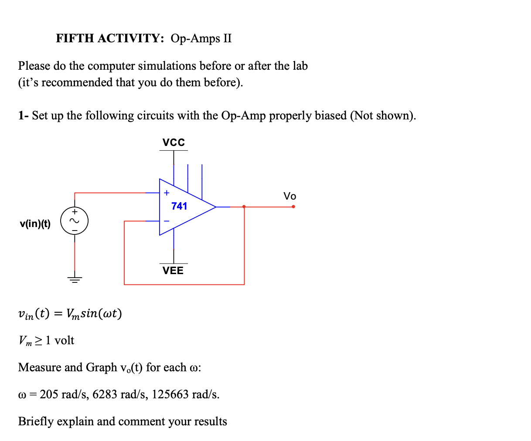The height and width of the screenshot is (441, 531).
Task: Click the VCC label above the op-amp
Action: pos(174,142)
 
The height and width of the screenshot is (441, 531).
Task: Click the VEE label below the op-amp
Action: pos(173,271)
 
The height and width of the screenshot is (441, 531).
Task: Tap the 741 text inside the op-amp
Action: pos(179,206)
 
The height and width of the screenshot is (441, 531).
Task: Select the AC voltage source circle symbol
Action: pos(75,221)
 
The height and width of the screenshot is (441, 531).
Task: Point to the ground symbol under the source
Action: pos(75,279)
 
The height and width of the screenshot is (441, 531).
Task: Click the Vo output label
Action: pos(289,196)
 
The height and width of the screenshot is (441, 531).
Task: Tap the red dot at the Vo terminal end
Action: pos(293,207)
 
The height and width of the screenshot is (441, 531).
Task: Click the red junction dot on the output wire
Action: pos(244,207)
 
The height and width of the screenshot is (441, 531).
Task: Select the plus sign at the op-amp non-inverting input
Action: pos(166,193)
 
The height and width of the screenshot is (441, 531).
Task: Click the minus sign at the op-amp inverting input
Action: pos(166,221)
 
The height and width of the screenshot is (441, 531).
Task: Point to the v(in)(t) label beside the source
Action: pos(35,224)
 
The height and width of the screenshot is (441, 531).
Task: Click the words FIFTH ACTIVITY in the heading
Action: pos(110,38)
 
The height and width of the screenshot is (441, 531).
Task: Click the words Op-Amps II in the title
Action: pos(201,38)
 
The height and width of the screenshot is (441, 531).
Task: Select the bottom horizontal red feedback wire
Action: pos(184,285)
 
